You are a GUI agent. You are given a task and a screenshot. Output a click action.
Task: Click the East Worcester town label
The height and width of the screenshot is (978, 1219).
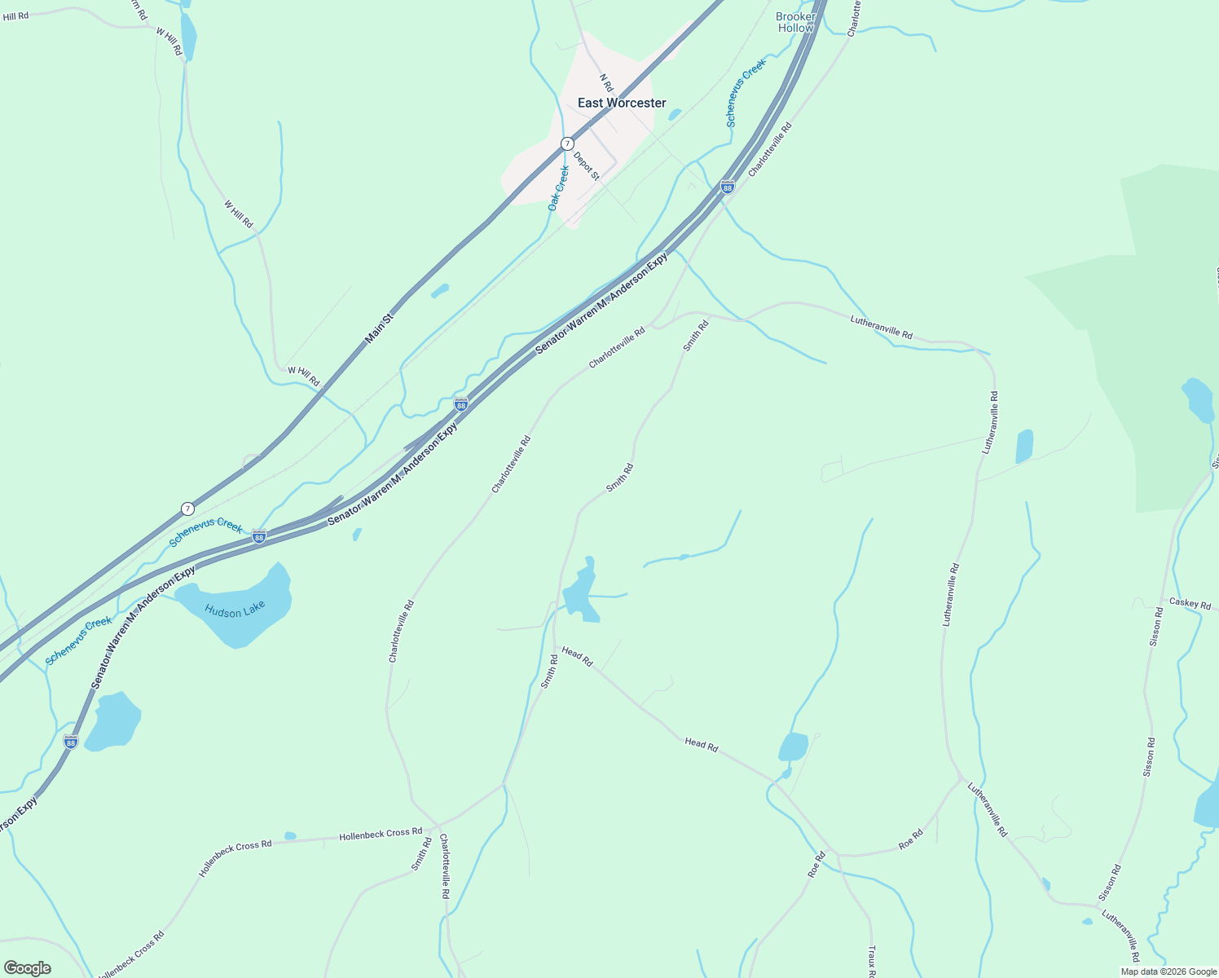[622, 103]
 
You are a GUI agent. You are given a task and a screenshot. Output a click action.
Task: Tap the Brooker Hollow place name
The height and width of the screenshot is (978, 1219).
[795, 22]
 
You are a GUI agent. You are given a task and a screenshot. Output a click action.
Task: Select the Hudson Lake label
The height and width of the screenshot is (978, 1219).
[235, 610]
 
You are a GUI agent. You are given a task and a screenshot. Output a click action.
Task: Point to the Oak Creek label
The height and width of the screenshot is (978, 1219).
[558, 188]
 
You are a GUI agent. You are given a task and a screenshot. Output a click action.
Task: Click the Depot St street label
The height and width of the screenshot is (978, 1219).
[586, 166]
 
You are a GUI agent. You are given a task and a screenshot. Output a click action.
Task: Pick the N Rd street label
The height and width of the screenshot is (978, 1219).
[605, 82]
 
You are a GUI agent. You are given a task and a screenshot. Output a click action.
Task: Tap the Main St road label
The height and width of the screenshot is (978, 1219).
[379, 326]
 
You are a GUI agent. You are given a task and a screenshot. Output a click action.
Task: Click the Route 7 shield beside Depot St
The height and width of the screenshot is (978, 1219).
[567, 143]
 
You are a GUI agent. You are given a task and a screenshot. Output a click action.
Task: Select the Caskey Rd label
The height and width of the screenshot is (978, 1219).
[1190, 604]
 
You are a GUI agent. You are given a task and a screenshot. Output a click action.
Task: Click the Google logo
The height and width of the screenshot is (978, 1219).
[27, 968]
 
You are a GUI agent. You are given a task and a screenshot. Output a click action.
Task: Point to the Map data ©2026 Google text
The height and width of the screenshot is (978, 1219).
[1168, 971]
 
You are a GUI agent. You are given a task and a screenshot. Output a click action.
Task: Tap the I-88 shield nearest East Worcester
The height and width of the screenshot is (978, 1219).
[728, 187]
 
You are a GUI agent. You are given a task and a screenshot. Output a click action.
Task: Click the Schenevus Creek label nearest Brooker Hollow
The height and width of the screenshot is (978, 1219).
[746, 92]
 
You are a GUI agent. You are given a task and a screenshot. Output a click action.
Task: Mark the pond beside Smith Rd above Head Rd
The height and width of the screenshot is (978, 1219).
[582, 593]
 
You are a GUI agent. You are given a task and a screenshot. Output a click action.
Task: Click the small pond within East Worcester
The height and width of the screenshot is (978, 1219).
[675, 115]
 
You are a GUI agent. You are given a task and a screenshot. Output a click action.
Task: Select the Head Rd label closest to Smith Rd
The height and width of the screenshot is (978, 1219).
[577, 657]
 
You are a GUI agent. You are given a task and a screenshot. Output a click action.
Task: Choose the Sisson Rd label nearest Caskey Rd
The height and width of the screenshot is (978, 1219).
[1155, 627]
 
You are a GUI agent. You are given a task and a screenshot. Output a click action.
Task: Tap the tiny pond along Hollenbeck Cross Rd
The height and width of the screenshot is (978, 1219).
[290, 835]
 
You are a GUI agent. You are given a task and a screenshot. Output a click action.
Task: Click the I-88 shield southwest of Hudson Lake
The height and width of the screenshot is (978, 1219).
[71, 742]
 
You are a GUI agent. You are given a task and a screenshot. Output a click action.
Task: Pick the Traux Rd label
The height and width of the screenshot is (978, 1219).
[871, 962]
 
